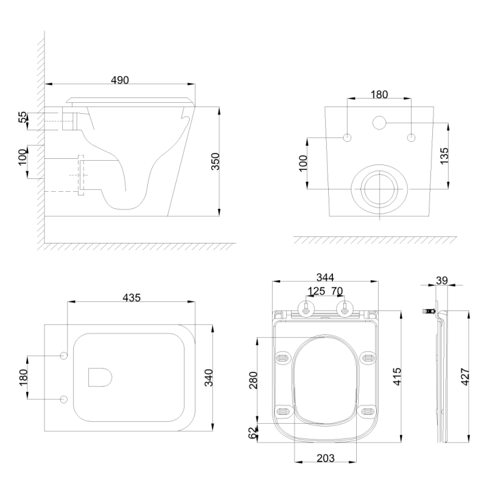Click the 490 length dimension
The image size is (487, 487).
tap(120, 80)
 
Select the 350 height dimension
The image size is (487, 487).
tap(215, 161)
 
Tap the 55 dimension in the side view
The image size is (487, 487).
tap(23, 117)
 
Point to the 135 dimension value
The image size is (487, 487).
tap(444, 156)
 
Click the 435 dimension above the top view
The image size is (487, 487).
tap(131, 298)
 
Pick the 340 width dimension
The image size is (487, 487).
tap(209, 377)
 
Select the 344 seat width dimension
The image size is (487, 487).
tap(325, 277)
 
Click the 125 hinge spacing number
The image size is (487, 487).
tap(316, 291)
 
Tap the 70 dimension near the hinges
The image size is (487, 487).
tap(337, 291)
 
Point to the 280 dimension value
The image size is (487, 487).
tap(253, 380)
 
